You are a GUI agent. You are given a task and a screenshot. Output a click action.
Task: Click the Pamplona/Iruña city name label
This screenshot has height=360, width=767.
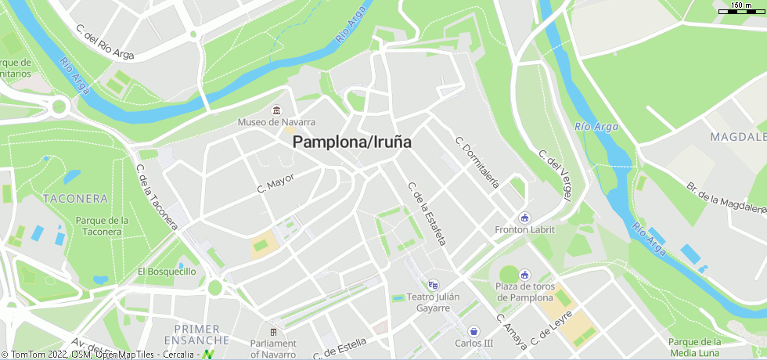(352, 143)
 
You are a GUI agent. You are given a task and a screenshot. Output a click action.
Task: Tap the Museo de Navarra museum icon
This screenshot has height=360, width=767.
(276, 110)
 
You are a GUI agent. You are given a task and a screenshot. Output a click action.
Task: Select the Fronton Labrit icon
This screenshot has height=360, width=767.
(524, 218)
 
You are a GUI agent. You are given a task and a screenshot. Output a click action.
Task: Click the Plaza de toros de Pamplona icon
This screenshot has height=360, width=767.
(524, 275)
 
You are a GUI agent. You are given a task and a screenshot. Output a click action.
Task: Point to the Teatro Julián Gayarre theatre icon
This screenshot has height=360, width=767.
(434, 285)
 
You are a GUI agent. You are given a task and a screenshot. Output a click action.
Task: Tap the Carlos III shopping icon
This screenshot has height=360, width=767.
(474, 331)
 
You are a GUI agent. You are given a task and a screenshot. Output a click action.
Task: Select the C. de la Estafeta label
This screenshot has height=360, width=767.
(426, 214)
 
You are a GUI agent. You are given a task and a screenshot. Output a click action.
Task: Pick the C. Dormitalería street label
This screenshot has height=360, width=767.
(477, 164)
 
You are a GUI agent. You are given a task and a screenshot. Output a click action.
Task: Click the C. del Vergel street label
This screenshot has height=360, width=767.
(555, 175)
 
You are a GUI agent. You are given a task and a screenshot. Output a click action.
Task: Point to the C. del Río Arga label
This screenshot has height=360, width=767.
(106, 41)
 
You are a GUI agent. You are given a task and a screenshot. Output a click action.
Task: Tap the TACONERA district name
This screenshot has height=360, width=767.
(76, 199)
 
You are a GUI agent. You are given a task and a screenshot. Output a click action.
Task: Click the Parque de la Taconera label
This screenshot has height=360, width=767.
(103, 225)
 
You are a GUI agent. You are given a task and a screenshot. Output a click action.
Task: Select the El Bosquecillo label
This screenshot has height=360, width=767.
(167, 272)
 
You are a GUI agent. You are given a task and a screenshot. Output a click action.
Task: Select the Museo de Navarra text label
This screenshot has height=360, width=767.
(276, 123)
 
